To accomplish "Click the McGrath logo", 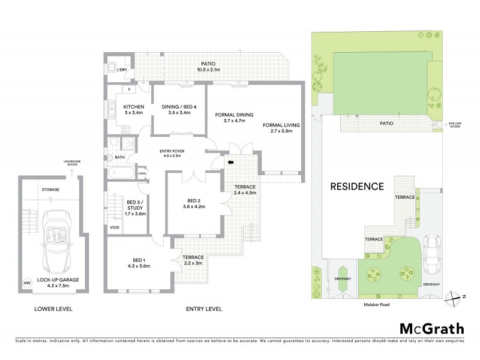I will point(431,328).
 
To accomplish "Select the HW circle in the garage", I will point(26,283).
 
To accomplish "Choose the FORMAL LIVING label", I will point(281,125).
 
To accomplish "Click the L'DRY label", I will point(122,70).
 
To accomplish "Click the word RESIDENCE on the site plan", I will point(357,186).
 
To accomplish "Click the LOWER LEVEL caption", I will point(53,309).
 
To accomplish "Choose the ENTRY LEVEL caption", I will point(205,309).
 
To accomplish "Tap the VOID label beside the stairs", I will point(114,227).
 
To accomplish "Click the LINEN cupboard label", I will point(142,174).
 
